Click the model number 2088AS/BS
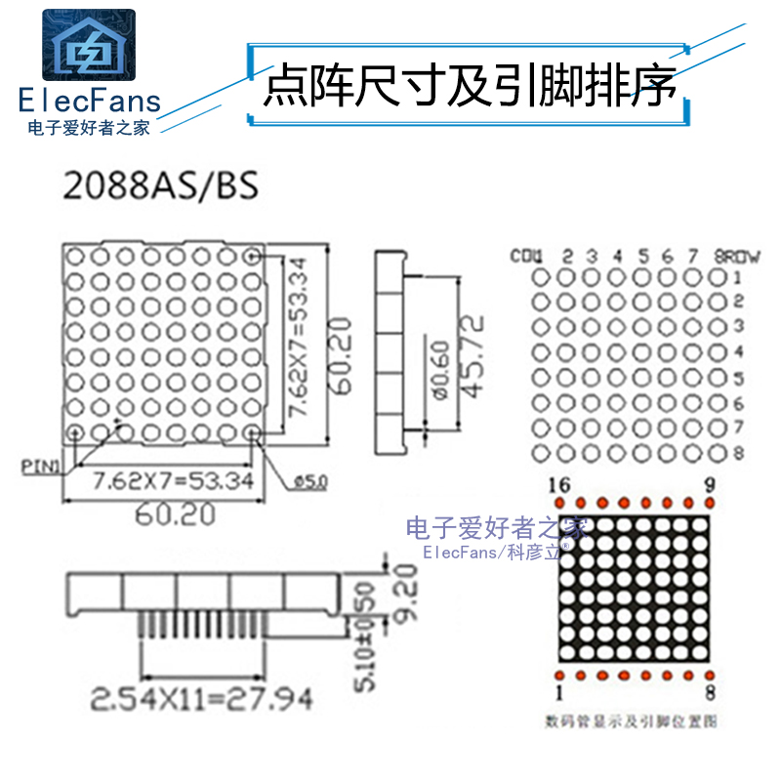point(161,185)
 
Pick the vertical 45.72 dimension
point(472,355)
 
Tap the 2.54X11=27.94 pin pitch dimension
point(202,699)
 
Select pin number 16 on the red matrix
point(559,485)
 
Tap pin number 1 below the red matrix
point(559,693)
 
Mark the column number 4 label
point(617,257)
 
